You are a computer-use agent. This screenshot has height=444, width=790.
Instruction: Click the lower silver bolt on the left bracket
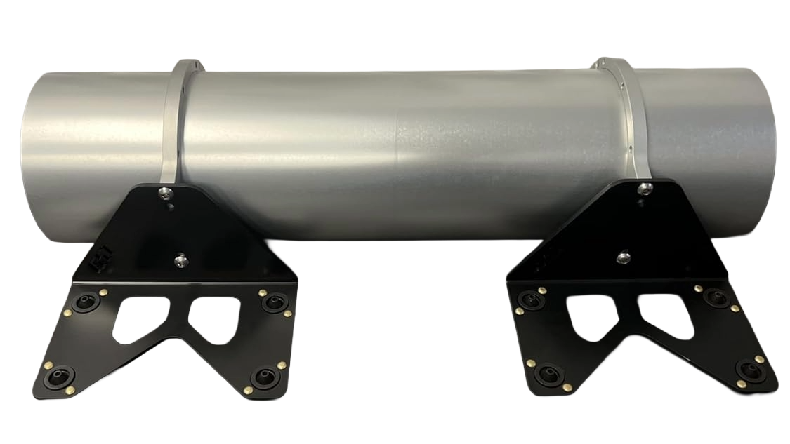pos(181,260)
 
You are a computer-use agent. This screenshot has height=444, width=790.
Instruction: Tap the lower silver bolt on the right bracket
pos(622,258)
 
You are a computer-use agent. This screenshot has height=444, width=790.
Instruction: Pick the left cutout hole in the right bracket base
pos(590,314)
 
